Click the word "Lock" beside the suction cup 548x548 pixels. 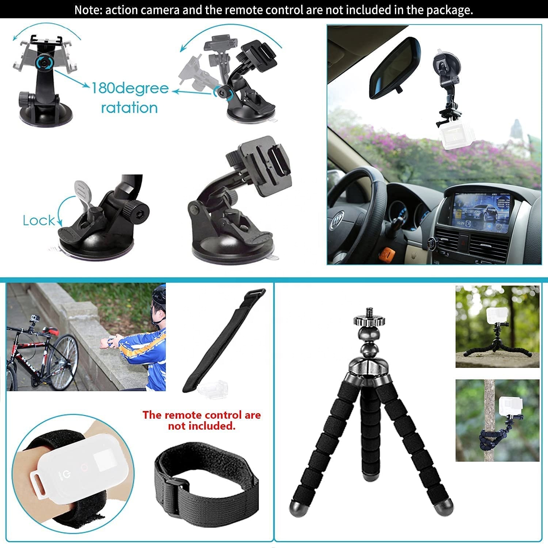tap(38, 221)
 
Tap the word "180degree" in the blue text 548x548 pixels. tap(130, 88)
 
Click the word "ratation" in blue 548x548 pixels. tap(129, 107)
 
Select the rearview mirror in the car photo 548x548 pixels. tap(395, 68)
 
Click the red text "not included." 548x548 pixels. tap(202, 426)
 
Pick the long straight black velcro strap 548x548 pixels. tap(224, 340)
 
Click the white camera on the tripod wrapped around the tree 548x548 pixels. tap(509, 406)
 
